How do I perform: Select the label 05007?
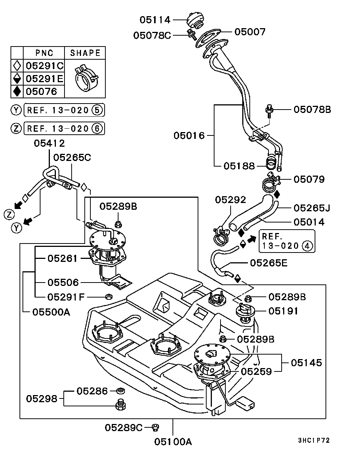click(x=250, y=32)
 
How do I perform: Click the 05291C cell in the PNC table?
click(x=44, y=66)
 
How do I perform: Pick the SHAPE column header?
click(x=85, y=53)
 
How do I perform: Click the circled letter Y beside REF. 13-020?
click(x=15, y=110)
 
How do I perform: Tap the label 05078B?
click(x=312, y=110)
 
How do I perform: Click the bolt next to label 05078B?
click(x=269, y=110)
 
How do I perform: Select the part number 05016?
click(x=189, y=135)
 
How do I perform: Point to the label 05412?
click(x=49, y=143)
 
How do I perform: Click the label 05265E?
click(x=268, y=263)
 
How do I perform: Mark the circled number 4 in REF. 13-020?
click(x=306, y=246)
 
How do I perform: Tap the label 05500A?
click(x=51, y=311)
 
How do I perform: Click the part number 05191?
click(x=283, y=311)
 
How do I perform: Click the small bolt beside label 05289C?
click(x=155, y=427)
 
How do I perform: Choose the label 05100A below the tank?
click(x=173, y=442)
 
